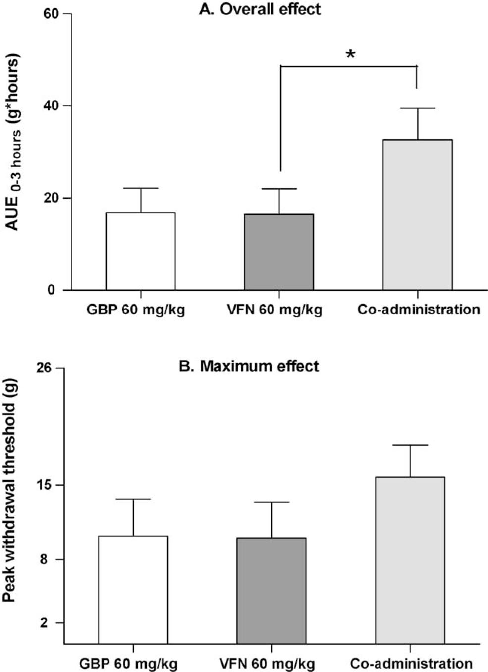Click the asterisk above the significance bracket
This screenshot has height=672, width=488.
350,54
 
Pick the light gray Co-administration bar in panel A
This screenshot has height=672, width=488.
417,215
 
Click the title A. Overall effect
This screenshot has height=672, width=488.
259,9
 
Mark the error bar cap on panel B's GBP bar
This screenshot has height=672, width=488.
133,499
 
